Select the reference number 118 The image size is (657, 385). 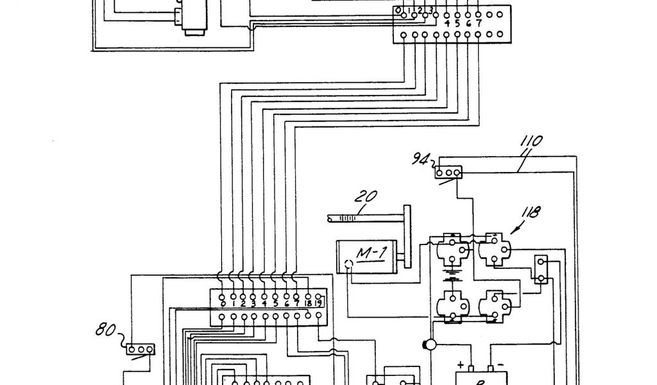click(531, 212)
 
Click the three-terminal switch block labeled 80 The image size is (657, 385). click(139, 348)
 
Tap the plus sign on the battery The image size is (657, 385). click(460, 364)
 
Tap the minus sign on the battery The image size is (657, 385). click(501, 364)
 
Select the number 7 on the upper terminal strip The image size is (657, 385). click(479, 24)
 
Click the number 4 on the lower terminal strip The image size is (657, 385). click(264, 304)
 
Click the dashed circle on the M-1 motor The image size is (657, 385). click(348, 264)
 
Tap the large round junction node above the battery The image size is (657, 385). click(429, 345)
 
